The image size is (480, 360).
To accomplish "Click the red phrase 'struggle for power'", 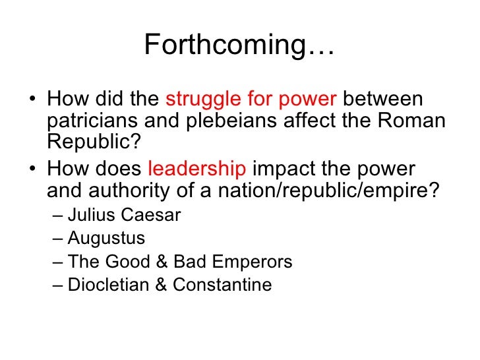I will [251, 101].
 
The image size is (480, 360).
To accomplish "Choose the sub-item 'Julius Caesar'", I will [124, 215].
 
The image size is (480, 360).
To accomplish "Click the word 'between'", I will [383, 101].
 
